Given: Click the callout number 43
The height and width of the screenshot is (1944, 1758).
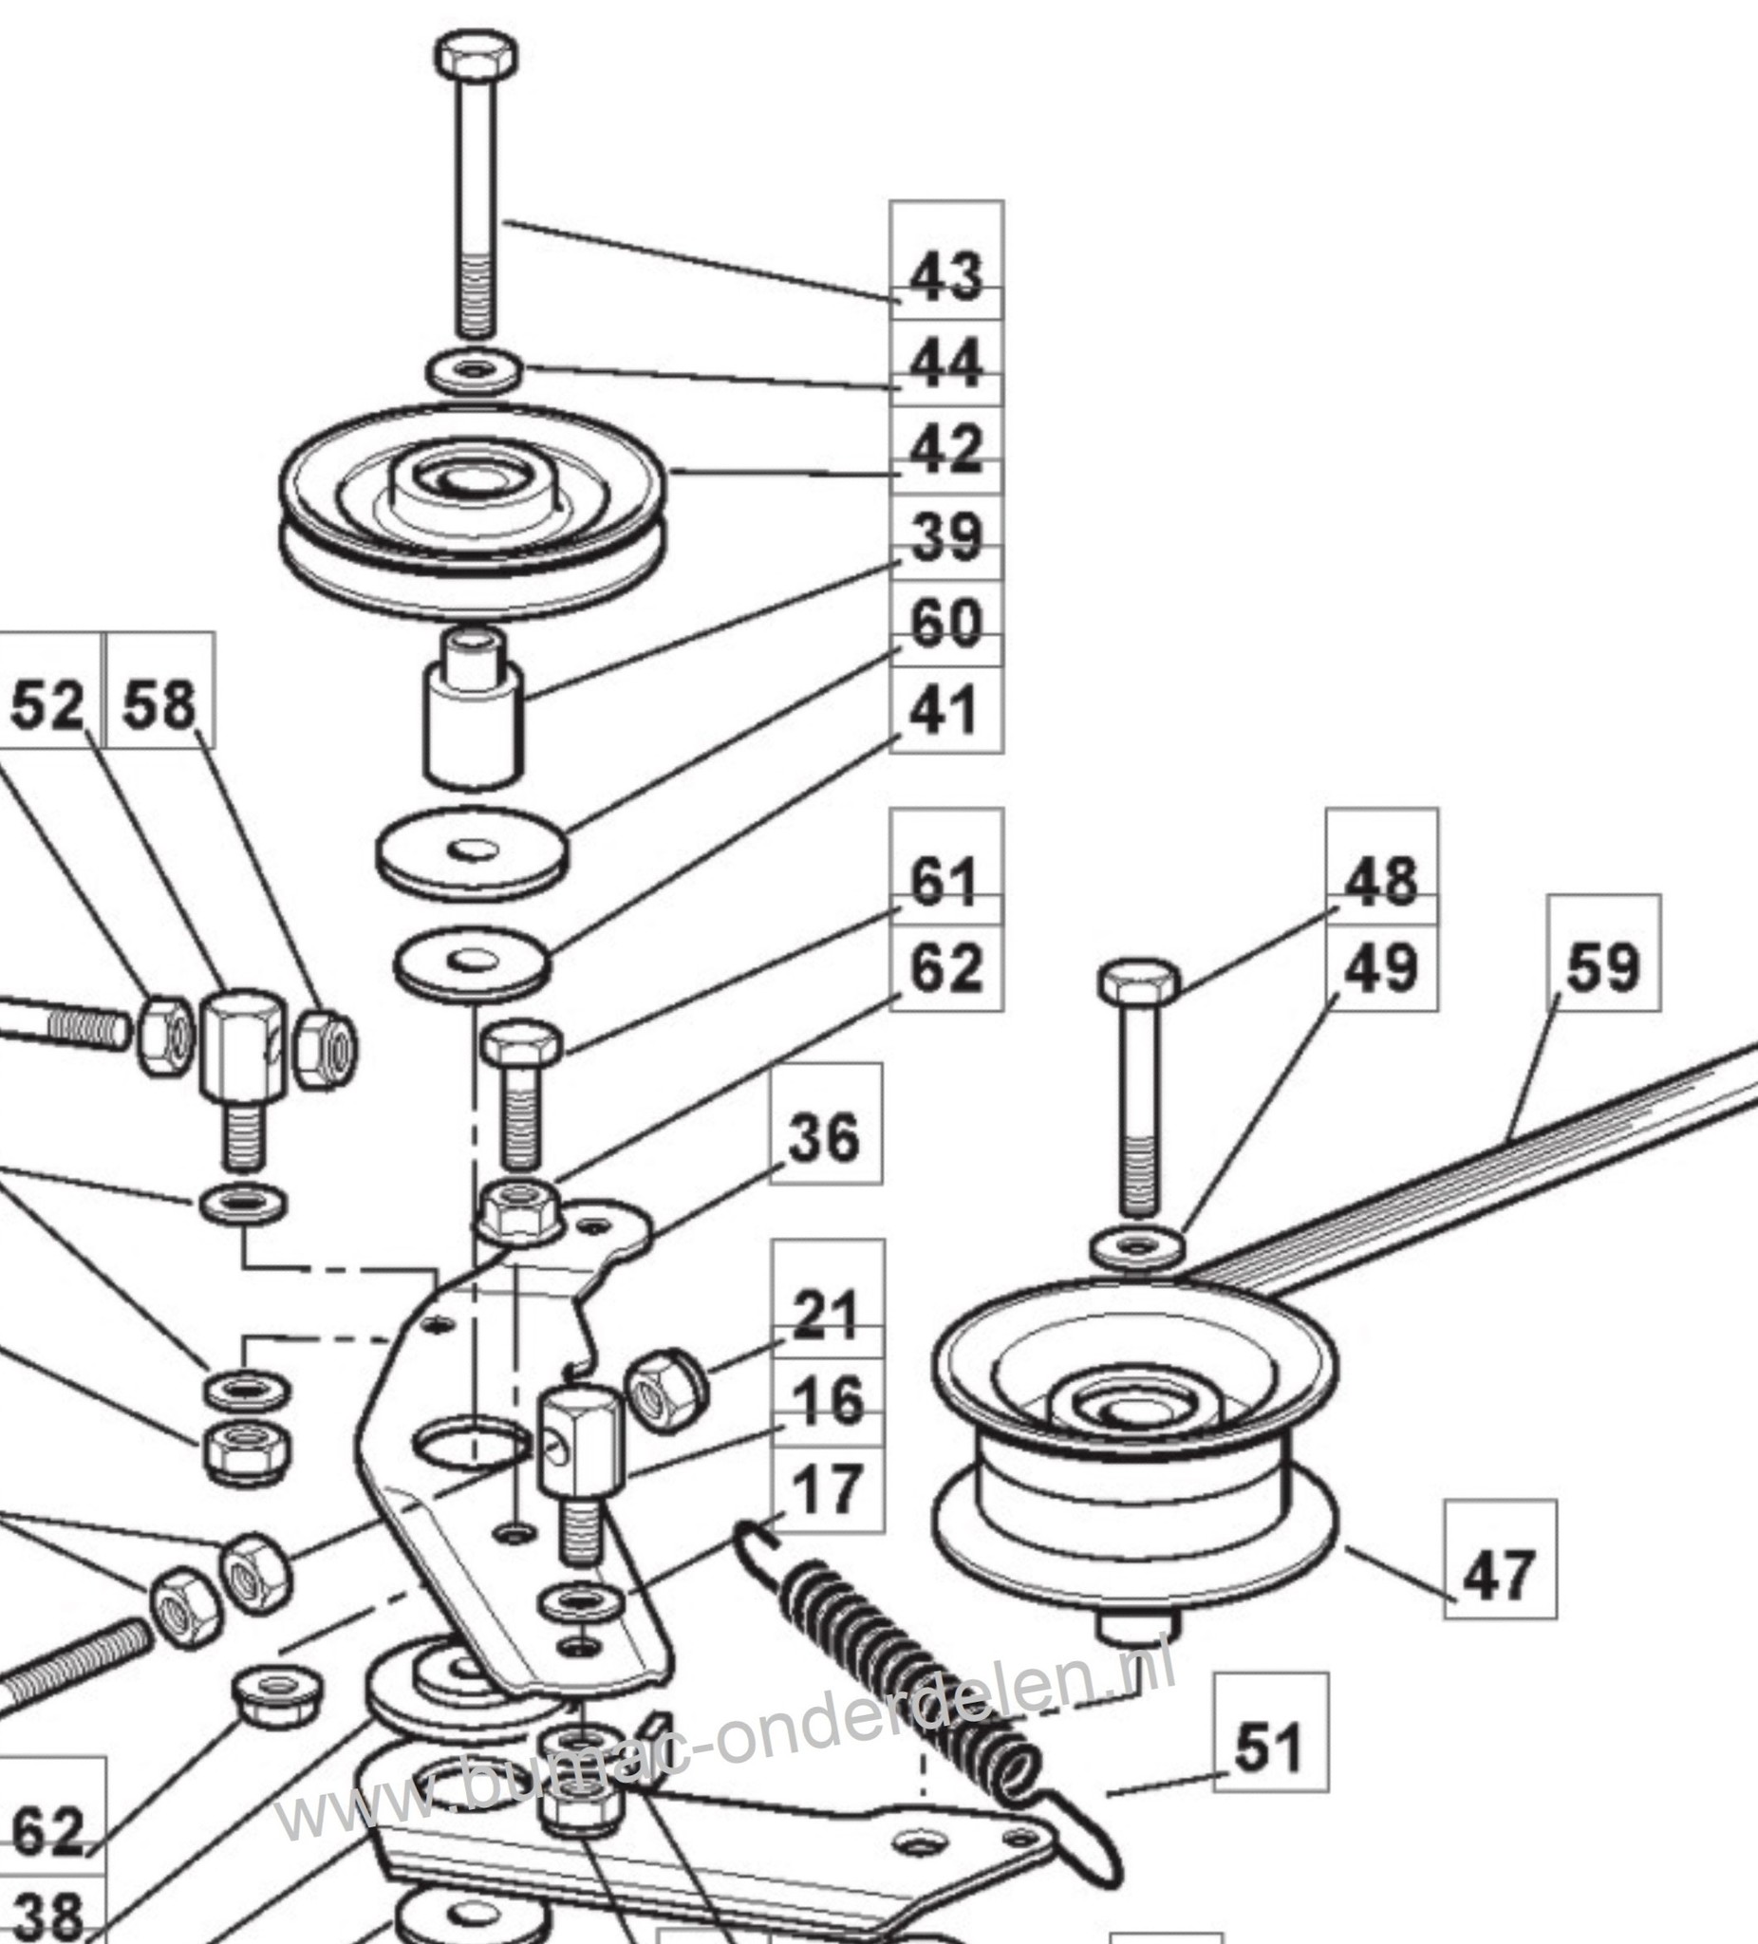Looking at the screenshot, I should click(946, 276).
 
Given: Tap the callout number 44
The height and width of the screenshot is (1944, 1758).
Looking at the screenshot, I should click(946, 363).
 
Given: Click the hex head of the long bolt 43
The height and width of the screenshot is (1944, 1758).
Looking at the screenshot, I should click(476, 55).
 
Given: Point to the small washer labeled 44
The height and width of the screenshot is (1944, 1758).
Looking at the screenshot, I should click(474, 371).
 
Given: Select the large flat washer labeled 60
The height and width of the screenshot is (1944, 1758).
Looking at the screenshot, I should click(472, 852).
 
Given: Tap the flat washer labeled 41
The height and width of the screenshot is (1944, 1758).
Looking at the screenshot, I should click(472, 963).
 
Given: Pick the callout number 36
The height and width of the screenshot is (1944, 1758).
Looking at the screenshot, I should click(825, 1137).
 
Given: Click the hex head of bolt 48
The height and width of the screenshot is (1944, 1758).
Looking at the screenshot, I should click(1139, 981).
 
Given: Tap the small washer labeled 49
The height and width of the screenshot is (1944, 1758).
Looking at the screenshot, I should click(1138, 1249).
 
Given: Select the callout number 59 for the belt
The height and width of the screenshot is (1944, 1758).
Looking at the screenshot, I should click(1602, 967).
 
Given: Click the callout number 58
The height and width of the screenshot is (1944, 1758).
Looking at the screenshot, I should click(159, 705).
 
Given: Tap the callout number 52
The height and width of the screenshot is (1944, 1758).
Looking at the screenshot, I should click(47, 705).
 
